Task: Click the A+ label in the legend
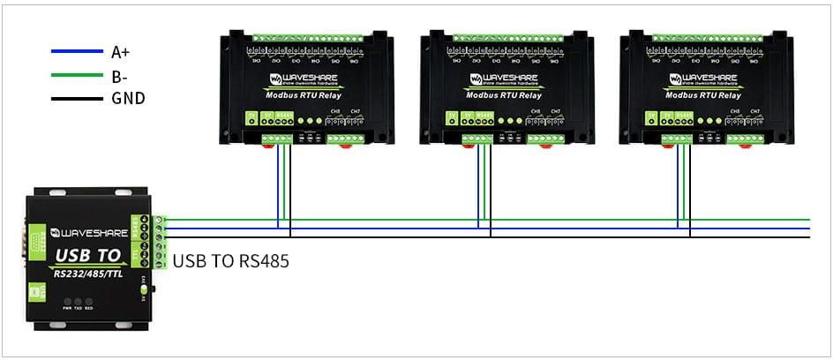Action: (x=121, y=53)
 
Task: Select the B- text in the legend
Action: (x=120, y=76)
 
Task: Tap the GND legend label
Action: (x=128, y=98)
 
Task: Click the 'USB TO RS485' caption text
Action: (x=230, y=261)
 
